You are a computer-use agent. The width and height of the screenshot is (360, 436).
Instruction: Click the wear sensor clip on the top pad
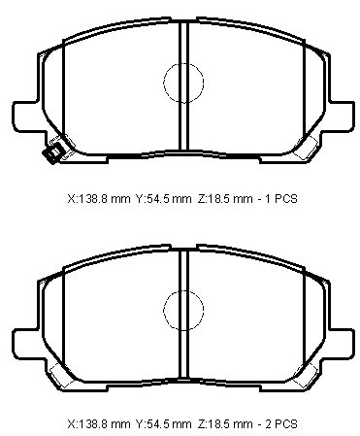pos(53,152)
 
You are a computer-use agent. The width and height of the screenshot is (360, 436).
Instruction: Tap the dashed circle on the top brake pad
pos(164,83)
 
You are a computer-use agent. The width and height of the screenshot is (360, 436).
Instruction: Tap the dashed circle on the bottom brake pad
pos(164,310)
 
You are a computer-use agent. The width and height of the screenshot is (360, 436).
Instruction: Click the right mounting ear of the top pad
pos(342,117)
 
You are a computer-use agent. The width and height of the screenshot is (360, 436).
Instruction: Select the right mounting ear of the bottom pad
pos(342,344)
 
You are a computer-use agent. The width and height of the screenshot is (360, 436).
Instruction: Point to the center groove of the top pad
pos(183,85)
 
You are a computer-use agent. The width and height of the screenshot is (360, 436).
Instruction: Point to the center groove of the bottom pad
pos(183,314)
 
